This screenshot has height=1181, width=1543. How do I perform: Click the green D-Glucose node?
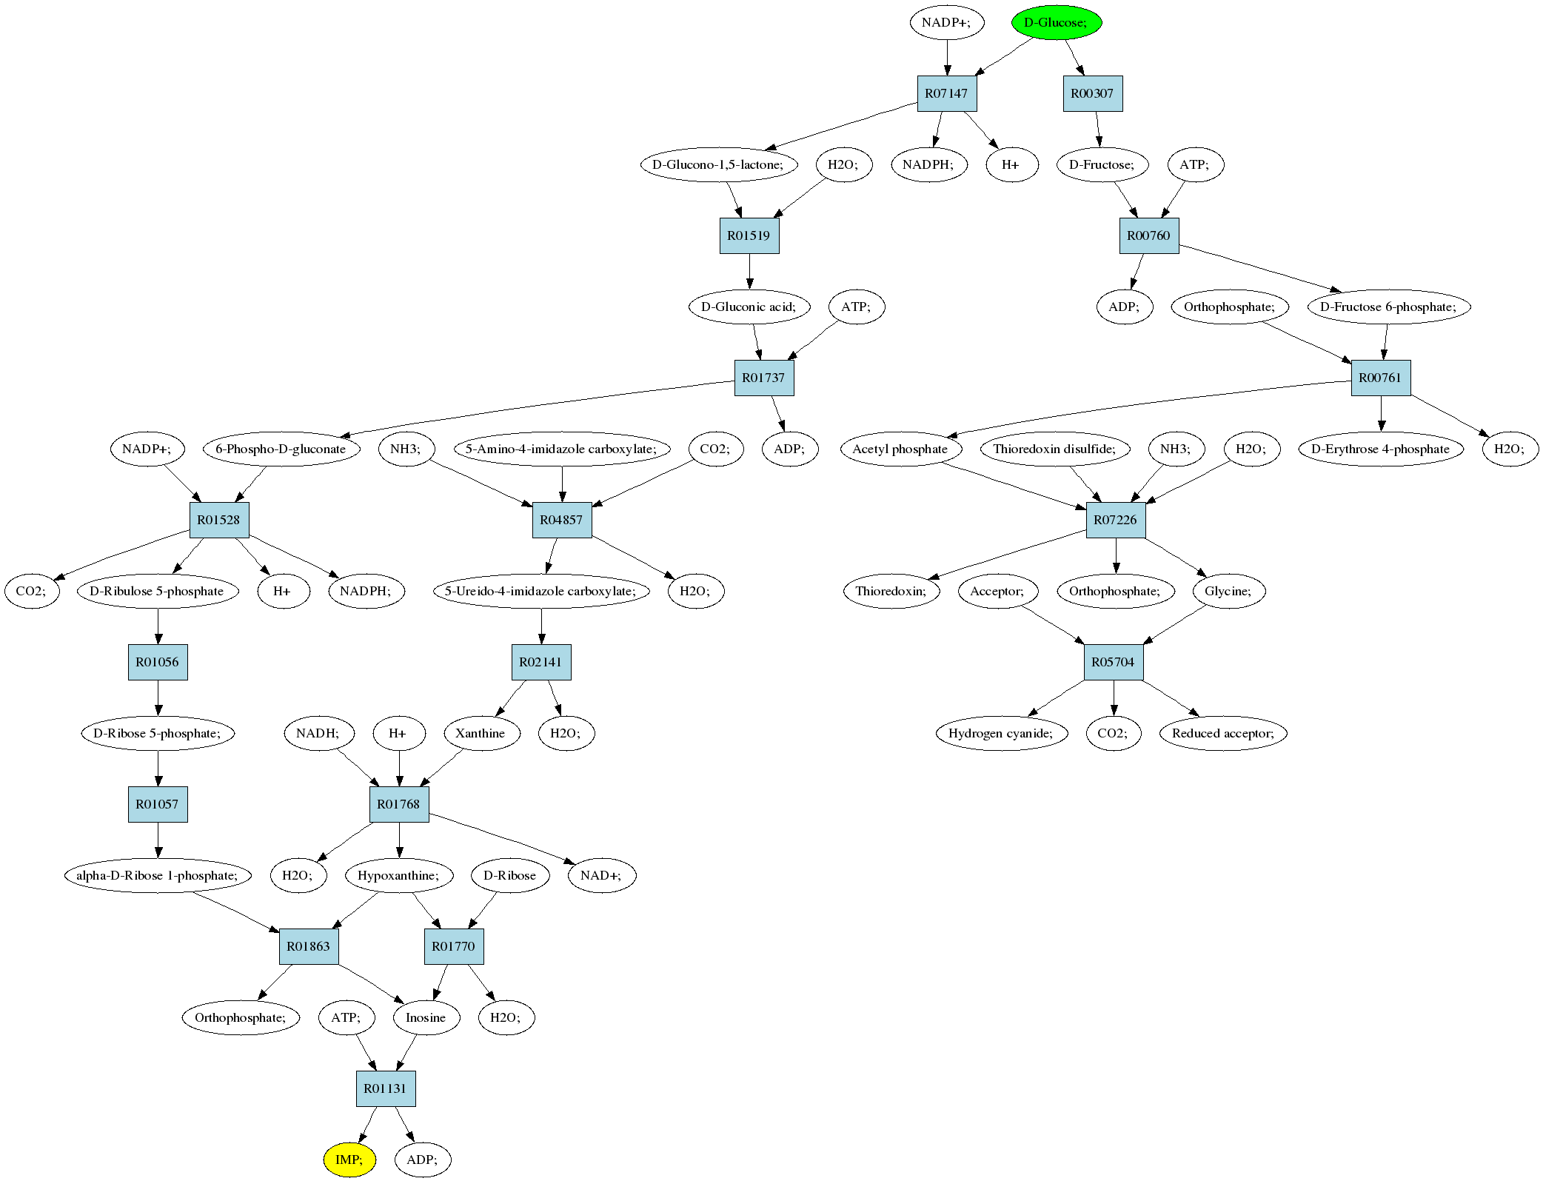1057,22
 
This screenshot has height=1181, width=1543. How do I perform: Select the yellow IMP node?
349,1160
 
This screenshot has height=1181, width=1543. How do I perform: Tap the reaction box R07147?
947,93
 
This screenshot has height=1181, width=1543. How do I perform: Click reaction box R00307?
1093,93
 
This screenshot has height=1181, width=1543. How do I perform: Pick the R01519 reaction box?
749,235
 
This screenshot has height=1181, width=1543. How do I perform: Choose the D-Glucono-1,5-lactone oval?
719,164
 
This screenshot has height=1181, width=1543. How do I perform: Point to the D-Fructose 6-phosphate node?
1389,307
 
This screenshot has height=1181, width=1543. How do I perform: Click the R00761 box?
1381,378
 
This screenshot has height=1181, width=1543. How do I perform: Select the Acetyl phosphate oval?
901,449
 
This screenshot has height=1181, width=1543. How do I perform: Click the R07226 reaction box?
1116,520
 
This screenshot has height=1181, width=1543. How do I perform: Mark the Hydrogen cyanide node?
1001,733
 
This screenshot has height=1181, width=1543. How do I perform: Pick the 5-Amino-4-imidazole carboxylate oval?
562,449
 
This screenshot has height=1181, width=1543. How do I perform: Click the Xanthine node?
481,733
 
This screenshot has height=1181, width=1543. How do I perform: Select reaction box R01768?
399,804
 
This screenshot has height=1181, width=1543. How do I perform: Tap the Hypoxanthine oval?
399,875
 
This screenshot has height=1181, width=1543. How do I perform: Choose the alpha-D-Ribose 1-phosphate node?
158,875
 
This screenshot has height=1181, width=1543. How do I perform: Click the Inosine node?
426,1017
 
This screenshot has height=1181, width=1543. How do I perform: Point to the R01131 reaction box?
386,1088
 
